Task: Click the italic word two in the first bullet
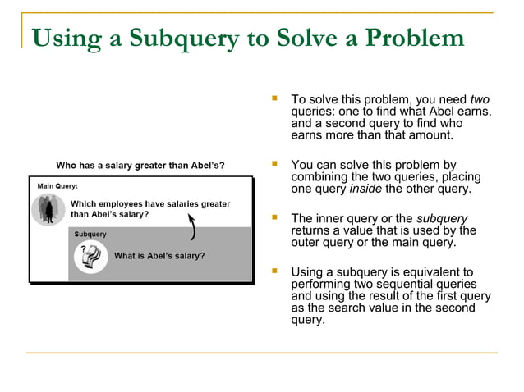(480, 99)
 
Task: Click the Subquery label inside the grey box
(90, 235)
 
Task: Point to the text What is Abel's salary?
(159, 256)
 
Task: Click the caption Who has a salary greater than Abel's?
(140, 165)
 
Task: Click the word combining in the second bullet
(320, 177)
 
